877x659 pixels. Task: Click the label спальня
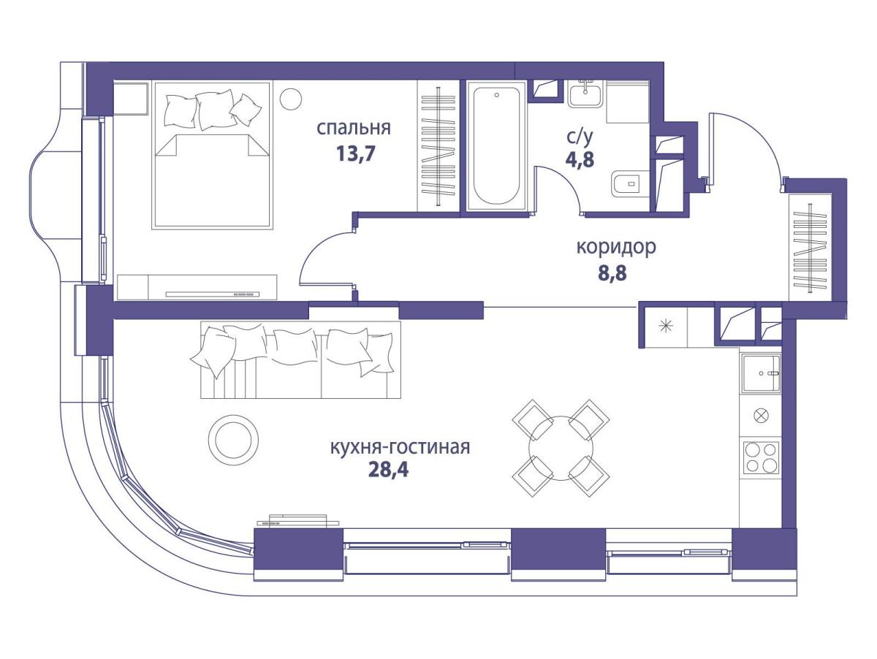click(354, 129)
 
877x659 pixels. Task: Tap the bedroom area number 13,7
click(356, 153)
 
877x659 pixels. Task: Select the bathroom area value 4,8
click(580, 159)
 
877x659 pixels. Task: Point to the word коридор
click(615, 248)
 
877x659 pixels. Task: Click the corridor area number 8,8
click(612, 274)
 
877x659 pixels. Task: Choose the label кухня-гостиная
click(400, 448)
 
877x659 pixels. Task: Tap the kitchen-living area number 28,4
click(388, 470)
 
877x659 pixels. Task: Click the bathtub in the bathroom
click(496, 146)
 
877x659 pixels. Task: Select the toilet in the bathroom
click(630, 183)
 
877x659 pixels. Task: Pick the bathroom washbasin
click(585, 94)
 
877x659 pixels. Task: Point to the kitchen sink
click(761, 373)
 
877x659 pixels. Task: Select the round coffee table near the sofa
click(234, 439)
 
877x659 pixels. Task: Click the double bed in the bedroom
click(213, 156)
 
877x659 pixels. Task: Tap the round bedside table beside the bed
click(290, 99)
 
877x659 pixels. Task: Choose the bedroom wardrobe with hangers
click(438, 146)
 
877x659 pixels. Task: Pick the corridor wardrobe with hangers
click(810, 248)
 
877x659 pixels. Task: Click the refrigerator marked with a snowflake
click(667, 327)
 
